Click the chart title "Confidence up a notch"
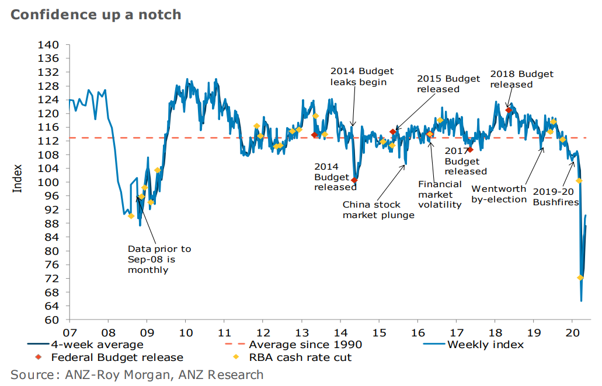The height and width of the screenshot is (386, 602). (x=96, y=15)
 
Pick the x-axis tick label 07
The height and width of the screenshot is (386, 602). (x=69, y=332)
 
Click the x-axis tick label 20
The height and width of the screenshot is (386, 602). (x=572, y=332)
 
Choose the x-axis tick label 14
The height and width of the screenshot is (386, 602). (x=340, y=332)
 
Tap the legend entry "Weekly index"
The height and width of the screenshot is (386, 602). (x=485, y=345)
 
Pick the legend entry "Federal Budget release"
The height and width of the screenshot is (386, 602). (x=117, y=357)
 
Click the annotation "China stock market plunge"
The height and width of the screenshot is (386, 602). (x=378, y=210)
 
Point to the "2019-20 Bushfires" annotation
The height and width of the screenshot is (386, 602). (x=555, y=196)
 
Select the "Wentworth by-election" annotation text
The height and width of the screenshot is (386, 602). (x=499, y=195)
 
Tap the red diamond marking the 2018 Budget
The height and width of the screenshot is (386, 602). (x=509, y=110)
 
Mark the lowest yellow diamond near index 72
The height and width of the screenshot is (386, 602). (x=580, y=278)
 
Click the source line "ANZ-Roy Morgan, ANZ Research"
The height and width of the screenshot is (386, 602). (x=137, y=375)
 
